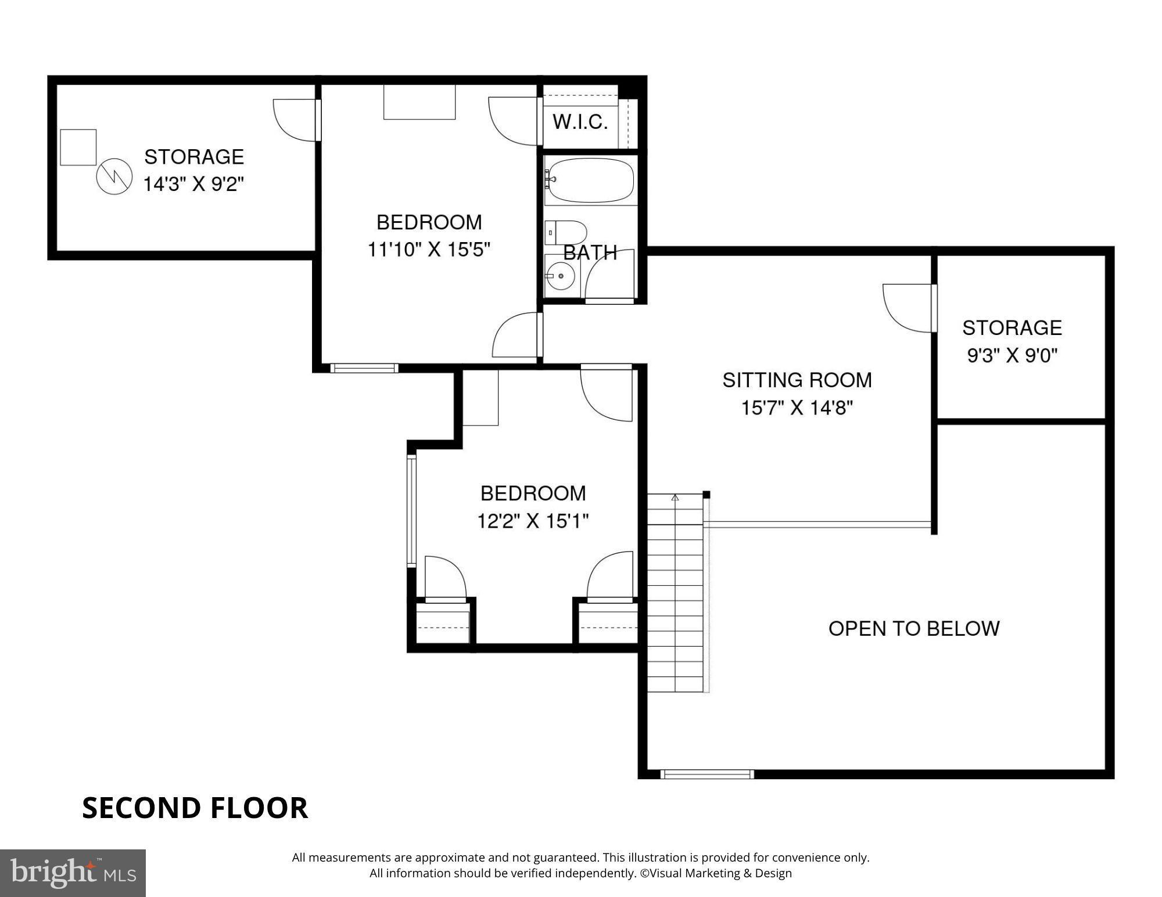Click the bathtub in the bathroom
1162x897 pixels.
pyautogui.click(x=591, y=180)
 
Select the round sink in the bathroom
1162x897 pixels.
pyautogui.click(x=561, y=276)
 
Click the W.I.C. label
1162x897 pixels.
pyautogui.click(x=580, y=122)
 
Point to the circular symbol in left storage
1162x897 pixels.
pyautogui.click(x=114, y=176)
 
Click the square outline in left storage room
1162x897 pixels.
pyautogui.click(x=78, y=147)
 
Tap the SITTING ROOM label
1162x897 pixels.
pyautogui.click(x=797, y=380)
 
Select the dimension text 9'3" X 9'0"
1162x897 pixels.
pyautogui.click(x=1012, y=355)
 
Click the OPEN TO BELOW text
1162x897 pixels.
pyautogui.click(x=913, y=629)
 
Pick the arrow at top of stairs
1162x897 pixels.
pyautogui.click(x=675, y=498)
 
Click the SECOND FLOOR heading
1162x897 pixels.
pyautogui.click(x=195, y=808)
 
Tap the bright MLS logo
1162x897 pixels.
pyautogui.click(x=73, y=873)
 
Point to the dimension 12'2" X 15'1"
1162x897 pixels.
pyautogui.click(x=533, y=521)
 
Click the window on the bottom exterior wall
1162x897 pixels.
pyautogui.click(x=707, y=774)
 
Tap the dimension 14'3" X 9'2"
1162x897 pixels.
pyautogui.click(x=193, y=185)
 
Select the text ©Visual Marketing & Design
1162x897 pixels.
pyautogui.click(x=716, y=873)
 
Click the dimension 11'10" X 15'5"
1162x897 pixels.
pyautogui.click(x=429, y=250)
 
